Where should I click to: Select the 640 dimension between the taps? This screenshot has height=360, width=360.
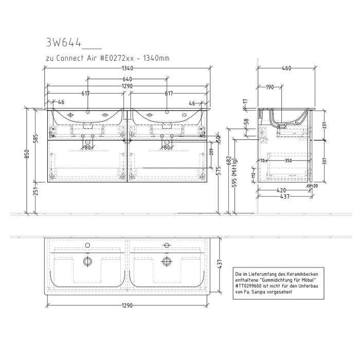(128, 79)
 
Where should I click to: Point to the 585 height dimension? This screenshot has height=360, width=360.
(35, 139)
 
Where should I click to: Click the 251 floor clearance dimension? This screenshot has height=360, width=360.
(35, 191)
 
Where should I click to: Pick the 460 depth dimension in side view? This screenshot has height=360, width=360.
(287, 68)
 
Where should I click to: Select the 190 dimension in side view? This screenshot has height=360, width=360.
(269, 87)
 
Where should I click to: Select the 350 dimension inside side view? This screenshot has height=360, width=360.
(289, 161)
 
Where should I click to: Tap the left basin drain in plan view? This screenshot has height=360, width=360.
(87, 261)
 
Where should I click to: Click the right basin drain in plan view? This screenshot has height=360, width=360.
(166, 261)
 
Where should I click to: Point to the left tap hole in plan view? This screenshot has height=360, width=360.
(87, 245)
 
